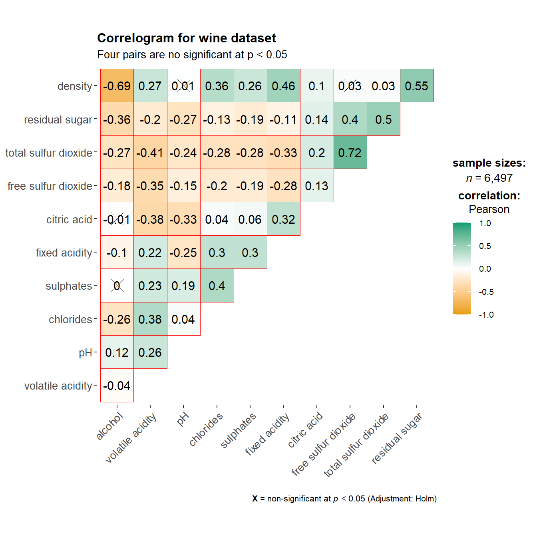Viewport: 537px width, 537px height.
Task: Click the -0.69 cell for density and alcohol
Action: click(117, 86)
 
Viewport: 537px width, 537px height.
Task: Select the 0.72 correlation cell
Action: click(350, 153)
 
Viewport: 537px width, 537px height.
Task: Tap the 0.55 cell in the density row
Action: click(416, 86)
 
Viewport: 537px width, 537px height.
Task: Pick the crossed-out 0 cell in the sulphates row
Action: click(117, 286)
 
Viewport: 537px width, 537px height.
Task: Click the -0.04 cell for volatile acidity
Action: click(117, 386)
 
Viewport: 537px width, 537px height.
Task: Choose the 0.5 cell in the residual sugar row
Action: click(383, 119)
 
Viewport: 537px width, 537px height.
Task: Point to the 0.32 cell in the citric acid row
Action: click(283, 219)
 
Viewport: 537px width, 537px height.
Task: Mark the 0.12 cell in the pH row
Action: click(117, 352)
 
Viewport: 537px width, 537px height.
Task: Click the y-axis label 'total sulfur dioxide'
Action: click(49, 153)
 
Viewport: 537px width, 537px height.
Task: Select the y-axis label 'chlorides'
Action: click(70, 319)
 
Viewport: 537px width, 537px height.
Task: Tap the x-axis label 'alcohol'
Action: click(109, 426)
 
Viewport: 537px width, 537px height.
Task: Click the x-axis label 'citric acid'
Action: click(305, 430)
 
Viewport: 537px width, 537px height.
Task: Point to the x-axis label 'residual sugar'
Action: click(396, 438)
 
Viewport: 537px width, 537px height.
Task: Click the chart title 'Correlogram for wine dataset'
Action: click(187, 38)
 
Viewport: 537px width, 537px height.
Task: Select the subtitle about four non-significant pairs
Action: click(192, 55)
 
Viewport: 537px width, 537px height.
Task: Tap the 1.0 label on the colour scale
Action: click(485, 223)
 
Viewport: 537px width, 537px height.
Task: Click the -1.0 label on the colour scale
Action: click(486, 315)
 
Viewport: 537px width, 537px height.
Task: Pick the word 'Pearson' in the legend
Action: click(489, 209)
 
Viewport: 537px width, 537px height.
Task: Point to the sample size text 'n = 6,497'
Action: click(489, 178)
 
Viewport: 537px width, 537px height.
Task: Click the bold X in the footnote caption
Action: click(255, 499)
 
